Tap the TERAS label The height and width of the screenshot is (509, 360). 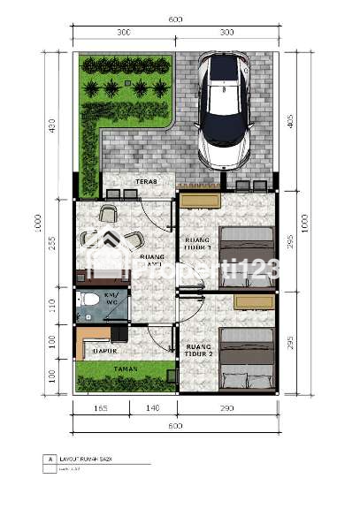pos(146,182)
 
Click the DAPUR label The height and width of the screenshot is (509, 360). pos(105,351)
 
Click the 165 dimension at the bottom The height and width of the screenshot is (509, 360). pos(100,408)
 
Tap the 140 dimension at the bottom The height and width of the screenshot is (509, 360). pos(152,408)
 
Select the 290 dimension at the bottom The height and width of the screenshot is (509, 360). pos(226,408)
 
